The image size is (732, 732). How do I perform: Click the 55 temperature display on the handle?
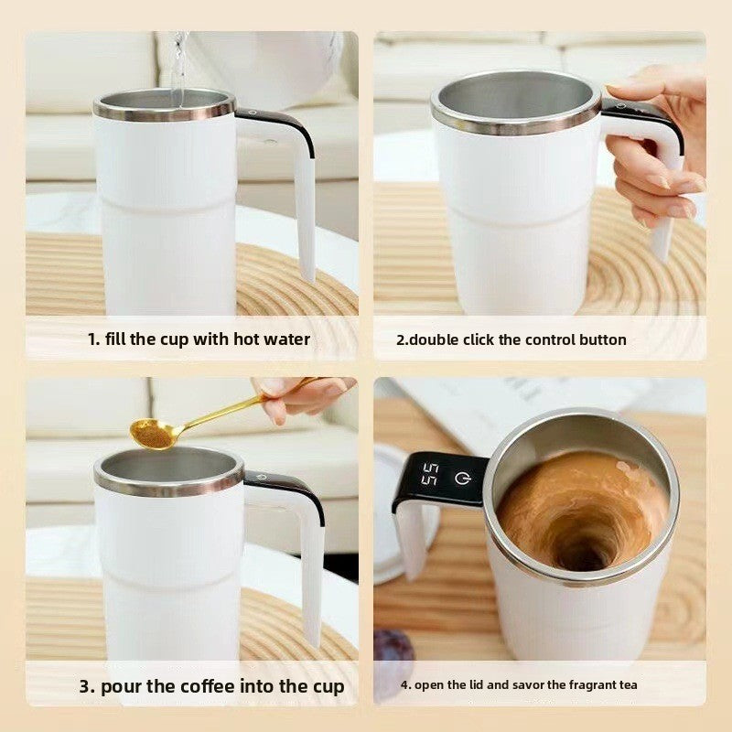(x=429, y=476)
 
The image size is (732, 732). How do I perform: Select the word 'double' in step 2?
(x=433, y=339)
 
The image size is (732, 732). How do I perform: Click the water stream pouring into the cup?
(x=178, y=64)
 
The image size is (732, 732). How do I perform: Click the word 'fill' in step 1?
(x=115, y=339)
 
